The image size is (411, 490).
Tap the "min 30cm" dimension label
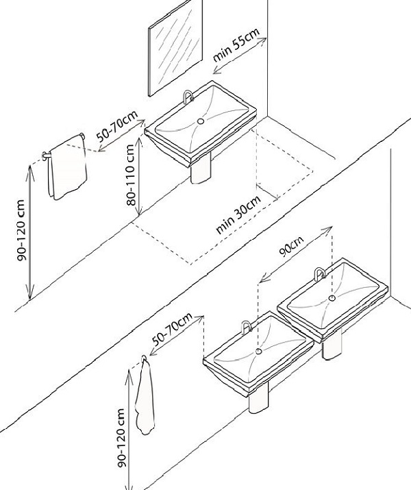coord(239,215)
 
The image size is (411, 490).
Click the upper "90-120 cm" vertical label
coord(22,234)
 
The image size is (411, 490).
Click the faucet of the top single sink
coord(188,98)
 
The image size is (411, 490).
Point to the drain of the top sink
coord(201,121)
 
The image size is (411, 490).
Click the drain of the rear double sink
coord(332,298)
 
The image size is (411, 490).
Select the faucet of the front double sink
coord(244,327)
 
